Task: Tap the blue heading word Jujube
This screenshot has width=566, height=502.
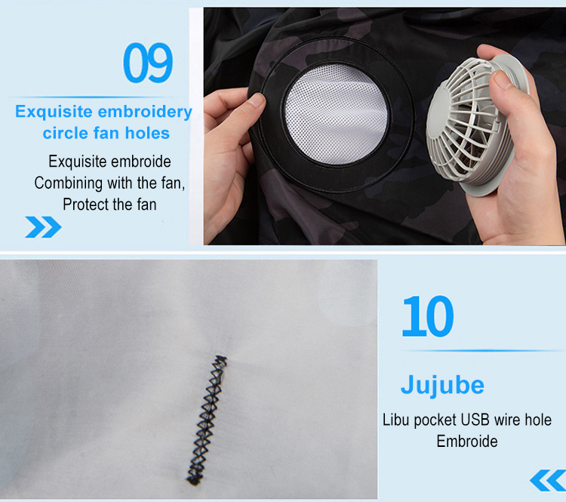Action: pos(442,384)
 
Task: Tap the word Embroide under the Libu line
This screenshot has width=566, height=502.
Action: pos(466,441)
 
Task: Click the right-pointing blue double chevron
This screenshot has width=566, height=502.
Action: pos(43,226)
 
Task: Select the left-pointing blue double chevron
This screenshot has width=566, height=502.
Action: pos(547,479)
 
